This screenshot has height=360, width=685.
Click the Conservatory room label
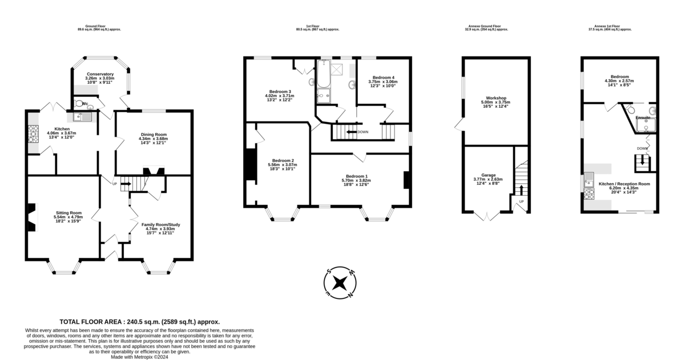[x=100, y=74]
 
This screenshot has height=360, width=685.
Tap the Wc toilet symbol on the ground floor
[x=79, y=105]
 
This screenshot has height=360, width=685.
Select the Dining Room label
[x=154, y=135]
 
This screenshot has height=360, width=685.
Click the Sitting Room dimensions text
[x=68, y=217]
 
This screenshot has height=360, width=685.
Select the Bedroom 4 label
[x=383, y=78]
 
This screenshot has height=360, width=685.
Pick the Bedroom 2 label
[x=283, y=160]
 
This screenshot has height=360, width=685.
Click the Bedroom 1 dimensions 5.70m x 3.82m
[x=356, y=180]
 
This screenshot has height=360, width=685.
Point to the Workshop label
[x=497, y=98]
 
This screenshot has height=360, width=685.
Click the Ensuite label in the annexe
[x=642, y=118]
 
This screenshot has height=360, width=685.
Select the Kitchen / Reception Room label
[x=624, y=184]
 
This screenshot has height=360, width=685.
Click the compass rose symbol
[x=340, y=283]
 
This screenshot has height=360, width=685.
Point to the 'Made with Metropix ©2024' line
[x=139, y=357]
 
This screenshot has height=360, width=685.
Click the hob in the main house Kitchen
[x=31, y=137]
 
